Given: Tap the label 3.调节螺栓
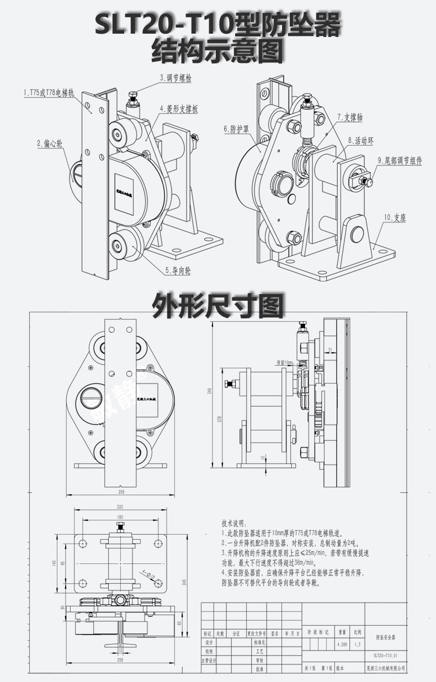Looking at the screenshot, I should pyautogui.click(x=175, y=78).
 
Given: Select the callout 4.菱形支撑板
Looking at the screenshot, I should pyautogui.click(x=178, y=109).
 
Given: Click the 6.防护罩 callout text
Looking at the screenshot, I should pyautogui.click(x=236, y=129).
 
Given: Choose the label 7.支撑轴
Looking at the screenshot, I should pyautogui.click(x=350, y=117).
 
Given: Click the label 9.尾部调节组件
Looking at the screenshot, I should pyautogui.click(x=400, y=161).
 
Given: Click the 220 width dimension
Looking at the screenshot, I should pyautogui.click(x=119, y=507).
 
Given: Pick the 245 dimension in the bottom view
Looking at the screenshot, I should pyautogui.click(x=184, y=581).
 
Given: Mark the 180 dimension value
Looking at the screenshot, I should pyautogui.click(x=119, y=517).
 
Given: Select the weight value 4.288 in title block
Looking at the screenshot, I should pyautogui.click(x=341, y=644).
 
